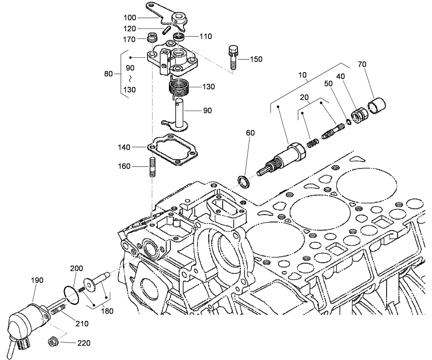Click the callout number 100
point(130,18)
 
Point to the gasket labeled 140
point(174,150)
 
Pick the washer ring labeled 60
point(244,181)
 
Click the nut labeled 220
point(53,342)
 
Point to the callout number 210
point(82,324)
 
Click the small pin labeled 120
point(167,30)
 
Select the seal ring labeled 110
point(179,36)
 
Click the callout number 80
point(109,74)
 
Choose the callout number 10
point(302,75)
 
